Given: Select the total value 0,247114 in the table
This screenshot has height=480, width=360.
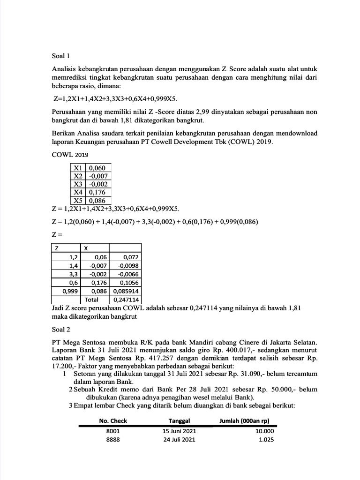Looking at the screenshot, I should [x=125, y=299].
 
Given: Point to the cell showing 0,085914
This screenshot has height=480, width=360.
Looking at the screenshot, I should [x=125, y=291].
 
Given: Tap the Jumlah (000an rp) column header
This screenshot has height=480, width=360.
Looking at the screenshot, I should [x=247, y=420].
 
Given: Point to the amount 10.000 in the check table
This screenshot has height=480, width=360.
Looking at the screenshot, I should [x=264, y=431].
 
